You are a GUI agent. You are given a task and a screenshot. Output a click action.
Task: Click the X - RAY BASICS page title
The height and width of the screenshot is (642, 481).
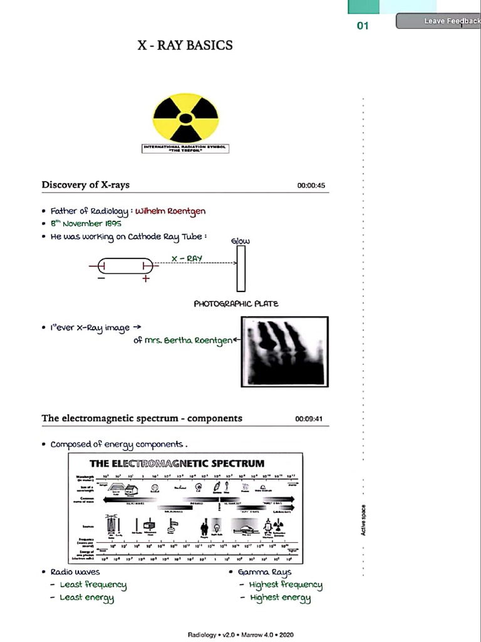tap(185, 45)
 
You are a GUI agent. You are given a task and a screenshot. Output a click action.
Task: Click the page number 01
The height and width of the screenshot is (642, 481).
tap(363, 26)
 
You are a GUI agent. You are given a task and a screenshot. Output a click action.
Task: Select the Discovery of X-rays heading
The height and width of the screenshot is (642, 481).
tap(86, 184)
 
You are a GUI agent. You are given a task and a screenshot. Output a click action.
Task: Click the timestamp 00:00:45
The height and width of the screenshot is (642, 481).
tap(311, 186)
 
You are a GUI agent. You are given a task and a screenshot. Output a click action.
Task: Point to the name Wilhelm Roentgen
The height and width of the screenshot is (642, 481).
tap(170, 211)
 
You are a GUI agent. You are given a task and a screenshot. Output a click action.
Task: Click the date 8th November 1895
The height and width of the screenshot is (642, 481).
tap(86, 223)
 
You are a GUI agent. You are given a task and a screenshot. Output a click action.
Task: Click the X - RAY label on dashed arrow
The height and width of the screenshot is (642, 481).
tap(187, 258)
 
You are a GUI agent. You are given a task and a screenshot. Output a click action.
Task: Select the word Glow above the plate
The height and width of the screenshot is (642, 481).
tap(240, 241)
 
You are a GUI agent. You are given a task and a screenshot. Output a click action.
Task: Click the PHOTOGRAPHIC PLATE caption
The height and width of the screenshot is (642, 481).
tap(236, 303)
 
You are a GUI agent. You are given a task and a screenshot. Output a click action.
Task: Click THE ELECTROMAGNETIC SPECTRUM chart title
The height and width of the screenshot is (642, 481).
tap(177, 463)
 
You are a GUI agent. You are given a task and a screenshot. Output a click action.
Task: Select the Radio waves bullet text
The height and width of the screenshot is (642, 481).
tap(75, 572)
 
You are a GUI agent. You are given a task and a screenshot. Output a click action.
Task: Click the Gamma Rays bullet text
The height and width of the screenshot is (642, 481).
tap(264, 572)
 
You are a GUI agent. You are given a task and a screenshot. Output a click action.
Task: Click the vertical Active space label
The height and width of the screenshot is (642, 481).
tap(363, 520)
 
